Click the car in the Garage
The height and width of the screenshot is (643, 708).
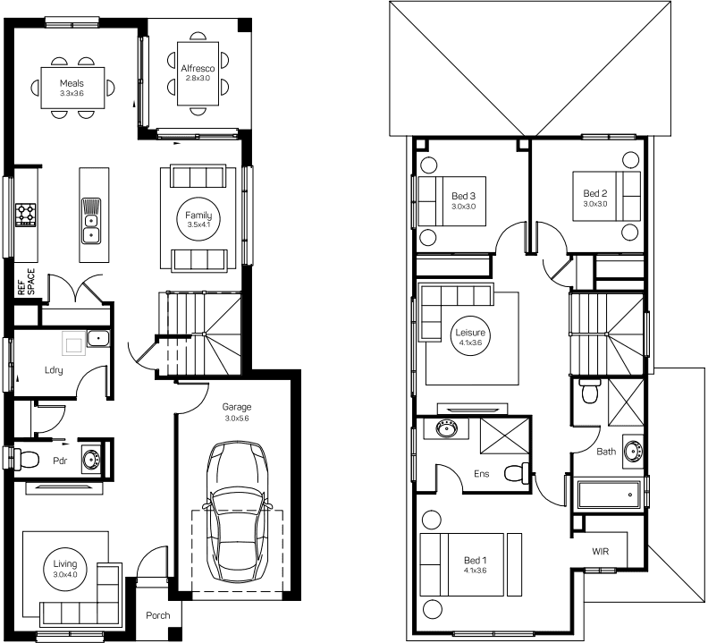click(238, 512)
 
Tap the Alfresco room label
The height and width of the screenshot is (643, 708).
click(198, 69)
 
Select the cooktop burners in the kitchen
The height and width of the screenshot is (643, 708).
click(25, 216)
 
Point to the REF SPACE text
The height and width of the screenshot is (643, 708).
click(26, 283)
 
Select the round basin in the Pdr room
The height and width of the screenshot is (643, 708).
click(92, 459)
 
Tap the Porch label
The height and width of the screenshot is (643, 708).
click(158, 615)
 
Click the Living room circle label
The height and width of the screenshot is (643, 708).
click(65, 568)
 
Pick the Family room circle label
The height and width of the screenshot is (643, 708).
click(198, 219)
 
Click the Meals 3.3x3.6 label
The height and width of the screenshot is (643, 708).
click(72, 88)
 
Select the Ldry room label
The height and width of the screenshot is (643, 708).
click(54, 370)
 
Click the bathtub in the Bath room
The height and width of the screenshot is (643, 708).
click(609, 495)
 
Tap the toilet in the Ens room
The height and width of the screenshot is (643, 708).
click(517, 474)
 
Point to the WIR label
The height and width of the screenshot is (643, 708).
click(600, 551)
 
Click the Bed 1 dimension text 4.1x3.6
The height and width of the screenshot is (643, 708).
click(475, 571)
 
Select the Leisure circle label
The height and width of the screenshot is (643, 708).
click(470, 335)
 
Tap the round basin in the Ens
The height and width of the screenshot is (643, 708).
click(447, 427)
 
